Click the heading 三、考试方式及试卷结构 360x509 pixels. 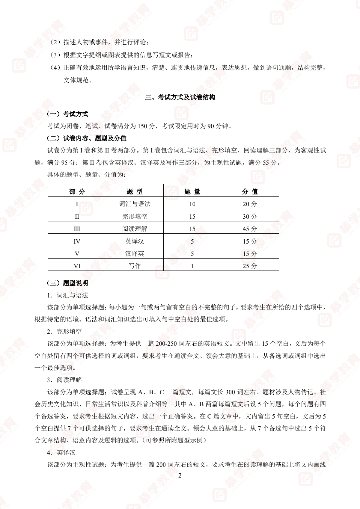point(180,97)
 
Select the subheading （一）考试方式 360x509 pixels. point(67,114)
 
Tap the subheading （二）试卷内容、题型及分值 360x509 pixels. point(86,138)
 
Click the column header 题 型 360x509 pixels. point(135,192)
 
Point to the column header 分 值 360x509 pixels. point(250,192)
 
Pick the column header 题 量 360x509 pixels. point(192,192)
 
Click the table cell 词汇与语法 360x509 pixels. point(135,204)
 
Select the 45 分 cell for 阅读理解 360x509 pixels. point(250,229)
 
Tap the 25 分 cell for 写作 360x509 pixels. point(250,266)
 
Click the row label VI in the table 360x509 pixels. point(77,266)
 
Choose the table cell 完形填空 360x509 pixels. point(135,216)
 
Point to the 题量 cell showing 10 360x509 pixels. point(192,204)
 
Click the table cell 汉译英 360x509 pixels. point(135,254)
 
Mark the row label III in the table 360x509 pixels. point(77,229)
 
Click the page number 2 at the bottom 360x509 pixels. point(180,476)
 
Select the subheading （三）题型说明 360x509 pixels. point(67,283)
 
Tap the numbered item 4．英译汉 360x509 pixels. point(61,453)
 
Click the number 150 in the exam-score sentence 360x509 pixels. point(142,126)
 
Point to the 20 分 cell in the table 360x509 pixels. point(250,204)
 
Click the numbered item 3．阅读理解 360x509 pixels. point(64,380)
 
